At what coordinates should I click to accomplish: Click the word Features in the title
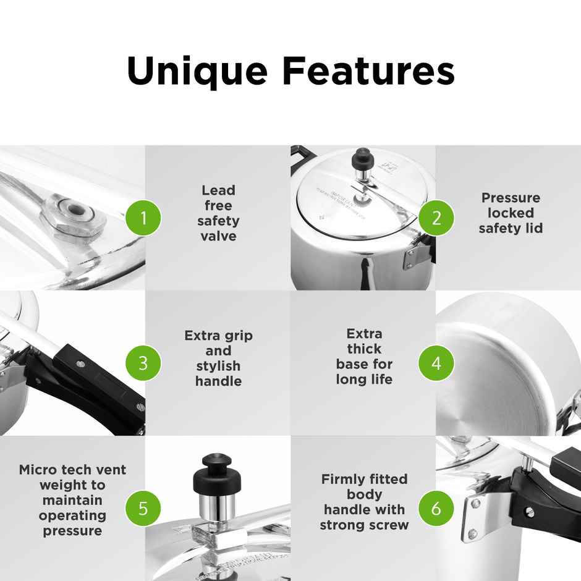(368, 72)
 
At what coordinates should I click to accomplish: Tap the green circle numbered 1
(143, 218)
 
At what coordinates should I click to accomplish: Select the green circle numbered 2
(436, 218)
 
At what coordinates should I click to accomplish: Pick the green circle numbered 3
(143, 363)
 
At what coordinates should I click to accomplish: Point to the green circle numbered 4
(436, 363)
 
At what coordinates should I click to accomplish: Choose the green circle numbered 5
(143, 508)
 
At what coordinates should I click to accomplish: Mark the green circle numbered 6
(436, 508)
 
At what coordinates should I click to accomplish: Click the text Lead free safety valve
(218, 213)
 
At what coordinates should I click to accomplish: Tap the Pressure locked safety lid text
(511, 213)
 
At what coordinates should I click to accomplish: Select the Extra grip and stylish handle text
(218, 358)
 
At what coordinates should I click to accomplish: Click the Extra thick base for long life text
(364, 357)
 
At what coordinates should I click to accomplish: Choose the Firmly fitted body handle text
(364, 502)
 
